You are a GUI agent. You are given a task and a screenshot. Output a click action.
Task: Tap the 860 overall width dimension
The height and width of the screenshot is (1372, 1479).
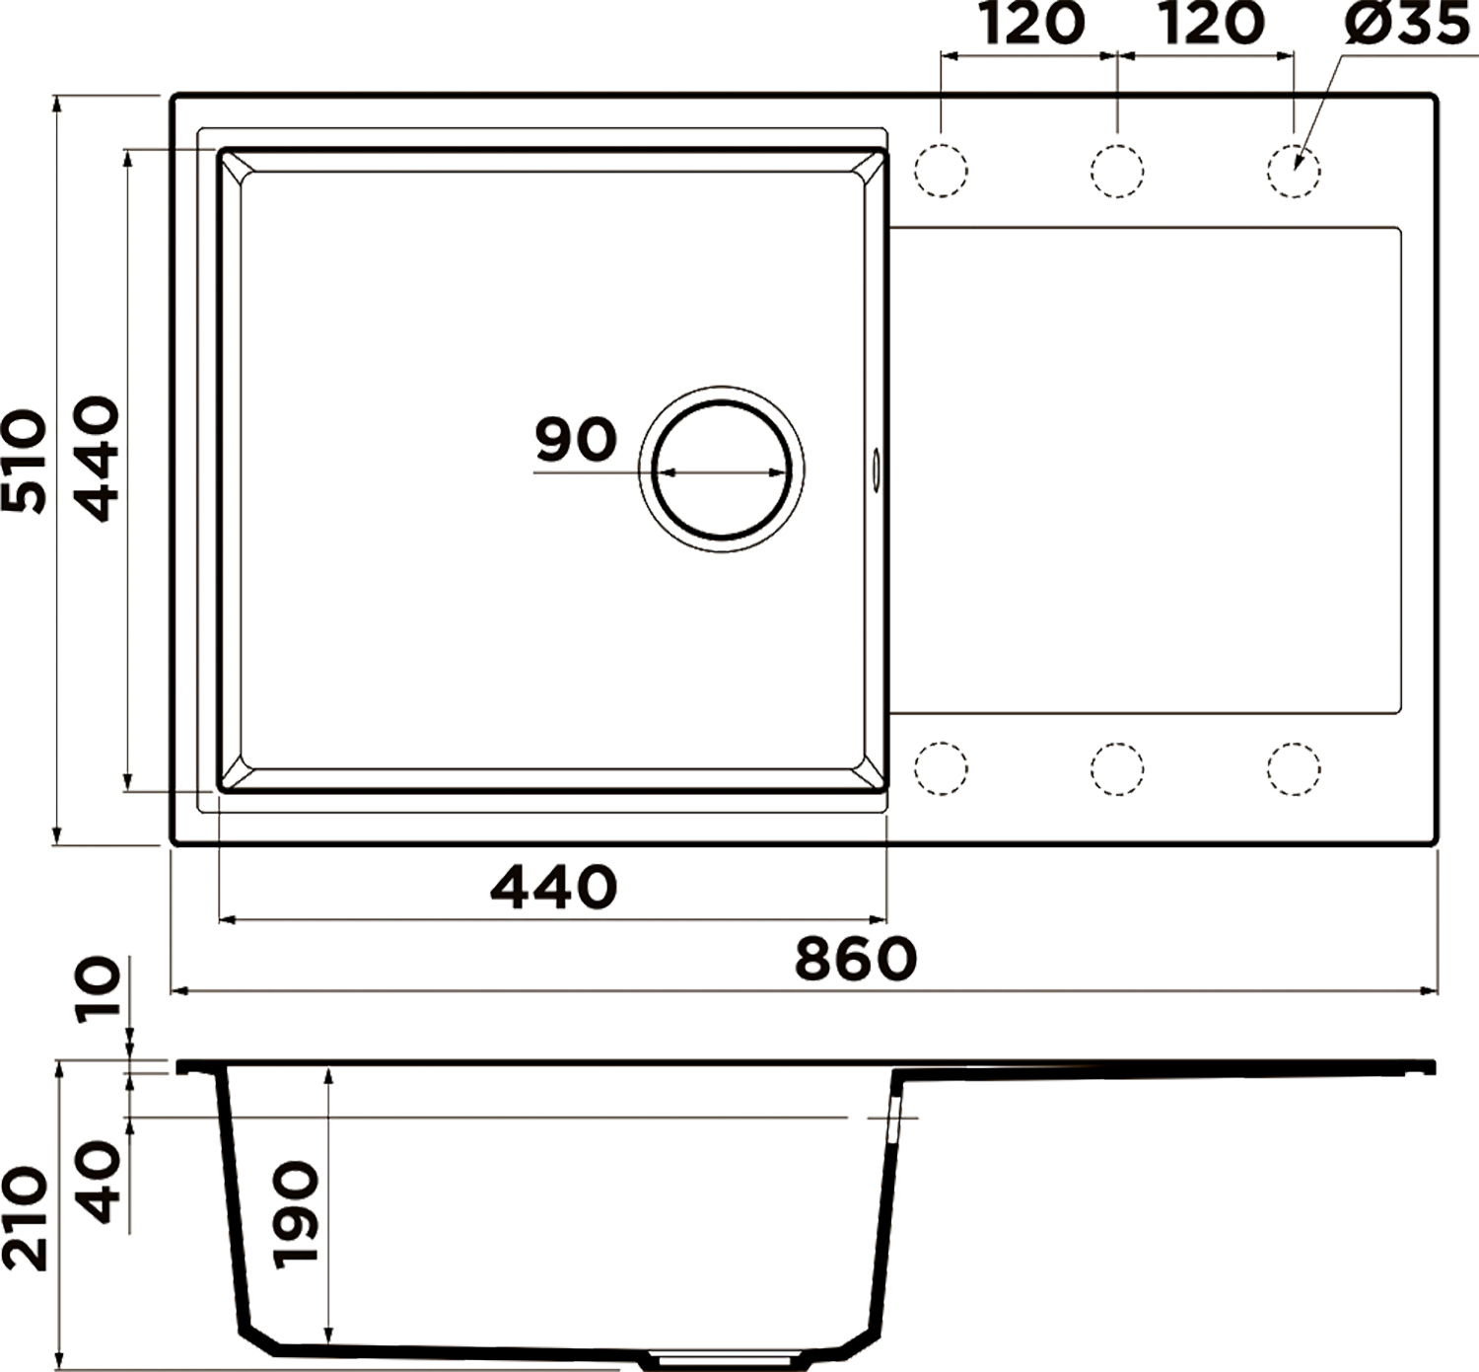856,959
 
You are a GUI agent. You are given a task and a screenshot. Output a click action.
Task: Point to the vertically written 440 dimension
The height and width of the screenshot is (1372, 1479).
98,459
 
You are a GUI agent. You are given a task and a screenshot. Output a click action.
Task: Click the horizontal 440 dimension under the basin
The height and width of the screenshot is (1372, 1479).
554,887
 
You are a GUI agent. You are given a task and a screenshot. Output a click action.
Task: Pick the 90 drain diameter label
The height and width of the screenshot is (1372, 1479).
577,439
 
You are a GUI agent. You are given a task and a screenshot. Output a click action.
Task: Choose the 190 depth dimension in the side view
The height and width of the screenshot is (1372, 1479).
296,1215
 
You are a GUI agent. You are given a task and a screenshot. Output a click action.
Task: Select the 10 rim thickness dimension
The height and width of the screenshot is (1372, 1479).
99,986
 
